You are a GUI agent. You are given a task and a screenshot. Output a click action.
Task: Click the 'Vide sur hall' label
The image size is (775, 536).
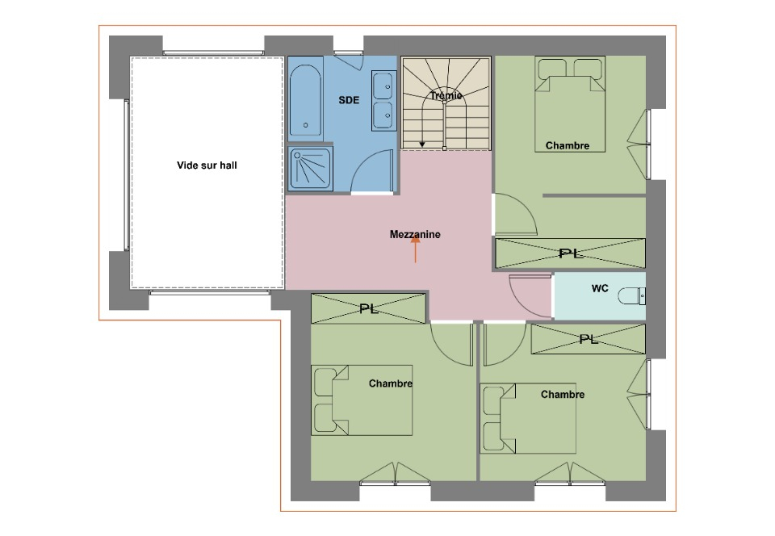[207, 165]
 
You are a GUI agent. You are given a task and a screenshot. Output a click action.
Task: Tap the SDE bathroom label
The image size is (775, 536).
[349, 100]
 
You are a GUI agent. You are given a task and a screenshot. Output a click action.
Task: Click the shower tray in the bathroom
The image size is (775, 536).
[310, 169]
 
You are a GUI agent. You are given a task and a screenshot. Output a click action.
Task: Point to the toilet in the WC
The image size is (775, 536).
[631, 296]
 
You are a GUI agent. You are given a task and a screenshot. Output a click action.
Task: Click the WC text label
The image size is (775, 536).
[600, 288]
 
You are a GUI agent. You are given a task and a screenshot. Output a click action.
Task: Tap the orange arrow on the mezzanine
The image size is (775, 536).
[415, 249]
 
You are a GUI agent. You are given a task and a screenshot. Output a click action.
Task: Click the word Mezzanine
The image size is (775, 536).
[415, 235]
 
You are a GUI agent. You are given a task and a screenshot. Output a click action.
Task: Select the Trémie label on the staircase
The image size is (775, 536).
[446, 95]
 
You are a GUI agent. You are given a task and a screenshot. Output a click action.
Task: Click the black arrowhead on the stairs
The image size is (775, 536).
[422, 144]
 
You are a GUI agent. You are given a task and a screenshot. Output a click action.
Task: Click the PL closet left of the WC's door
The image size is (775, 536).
[368, 308]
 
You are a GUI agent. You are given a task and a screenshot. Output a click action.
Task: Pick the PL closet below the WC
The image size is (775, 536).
[589, 339]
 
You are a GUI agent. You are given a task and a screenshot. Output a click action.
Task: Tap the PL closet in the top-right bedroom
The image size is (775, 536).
[571, 253]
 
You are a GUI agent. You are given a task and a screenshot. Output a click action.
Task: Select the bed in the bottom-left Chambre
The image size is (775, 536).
[362, 400]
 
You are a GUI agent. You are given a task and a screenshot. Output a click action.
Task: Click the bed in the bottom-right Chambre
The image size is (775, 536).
[528, 418]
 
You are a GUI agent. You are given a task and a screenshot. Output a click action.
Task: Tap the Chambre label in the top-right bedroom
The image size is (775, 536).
[568, 146]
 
